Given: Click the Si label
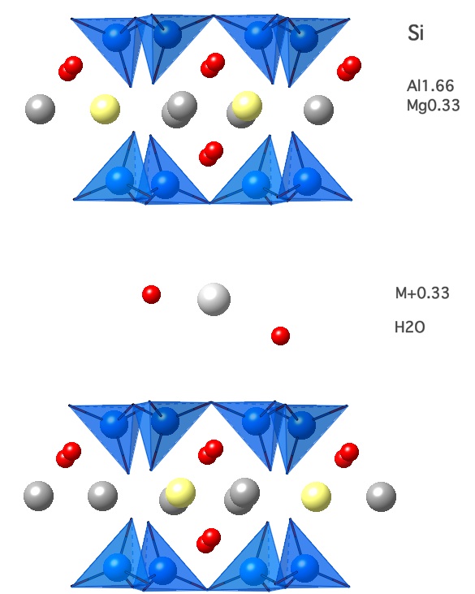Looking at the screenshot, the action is pyautogui.click(x=416, y=33).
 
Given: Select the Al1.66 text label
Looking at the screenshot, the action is pyautogui.click(x=430, y=86).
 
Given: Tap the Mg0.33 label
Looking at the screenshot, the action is pyautogui.click(x=433, y=106).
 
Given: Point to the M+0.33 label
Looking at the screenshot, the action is pyautogui.click(x=422, y=293).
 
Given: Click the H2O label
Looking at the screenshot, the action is pyautogui.click(x=409, y=327).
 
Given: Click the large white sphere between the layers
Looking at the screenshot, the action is pyautogui.click(x=214, y=299).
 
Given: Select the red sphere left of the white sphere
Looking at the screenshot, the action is pyautogui.click(x=151, y=294).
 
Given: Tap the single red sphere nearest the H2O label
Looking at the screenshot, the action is pyautogui.click(x=280, y=336).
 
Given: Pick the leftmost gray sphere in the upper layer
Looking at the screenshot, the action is pyautogui.click(x=40, y=110).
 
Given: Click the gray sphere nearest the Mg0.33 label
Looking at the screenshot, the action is pyautogui.click(x=318, y=110).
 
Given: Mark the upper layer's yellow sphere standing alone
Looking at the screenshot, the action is pyautogui.click(x=105, y=109).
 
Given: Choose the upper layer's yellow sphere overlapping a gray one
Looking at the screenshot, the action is pyautogui.click(x=247, y=106).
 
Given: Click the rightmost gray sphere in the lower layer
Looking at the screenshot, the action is pyautogui.click(x=381, y=496).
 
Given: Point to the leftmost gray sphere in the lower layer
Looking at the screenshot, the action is pyautogui.click(x=39, y=496).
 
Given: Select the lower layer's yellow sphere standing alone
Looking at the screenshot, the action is pyautogui.click(x=316, y=496).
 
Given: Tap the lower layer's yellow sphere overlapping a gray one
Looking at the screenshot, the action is pyautogui.click(x=180, y=493).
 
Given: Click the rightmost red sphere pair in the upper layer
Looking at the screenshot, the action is pyautogui.click(x=349, y=68).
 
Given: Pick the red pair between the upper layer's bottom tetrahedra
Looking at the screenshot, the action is pyautogui.click(x=211, y=154).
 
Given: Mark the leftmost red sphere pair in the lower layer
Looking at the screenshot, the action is pyautogui.click(x=68, y=455).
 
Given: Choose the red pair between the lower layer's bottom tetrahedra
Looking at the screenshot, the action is pyautogui.click(x=209, y=540).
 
